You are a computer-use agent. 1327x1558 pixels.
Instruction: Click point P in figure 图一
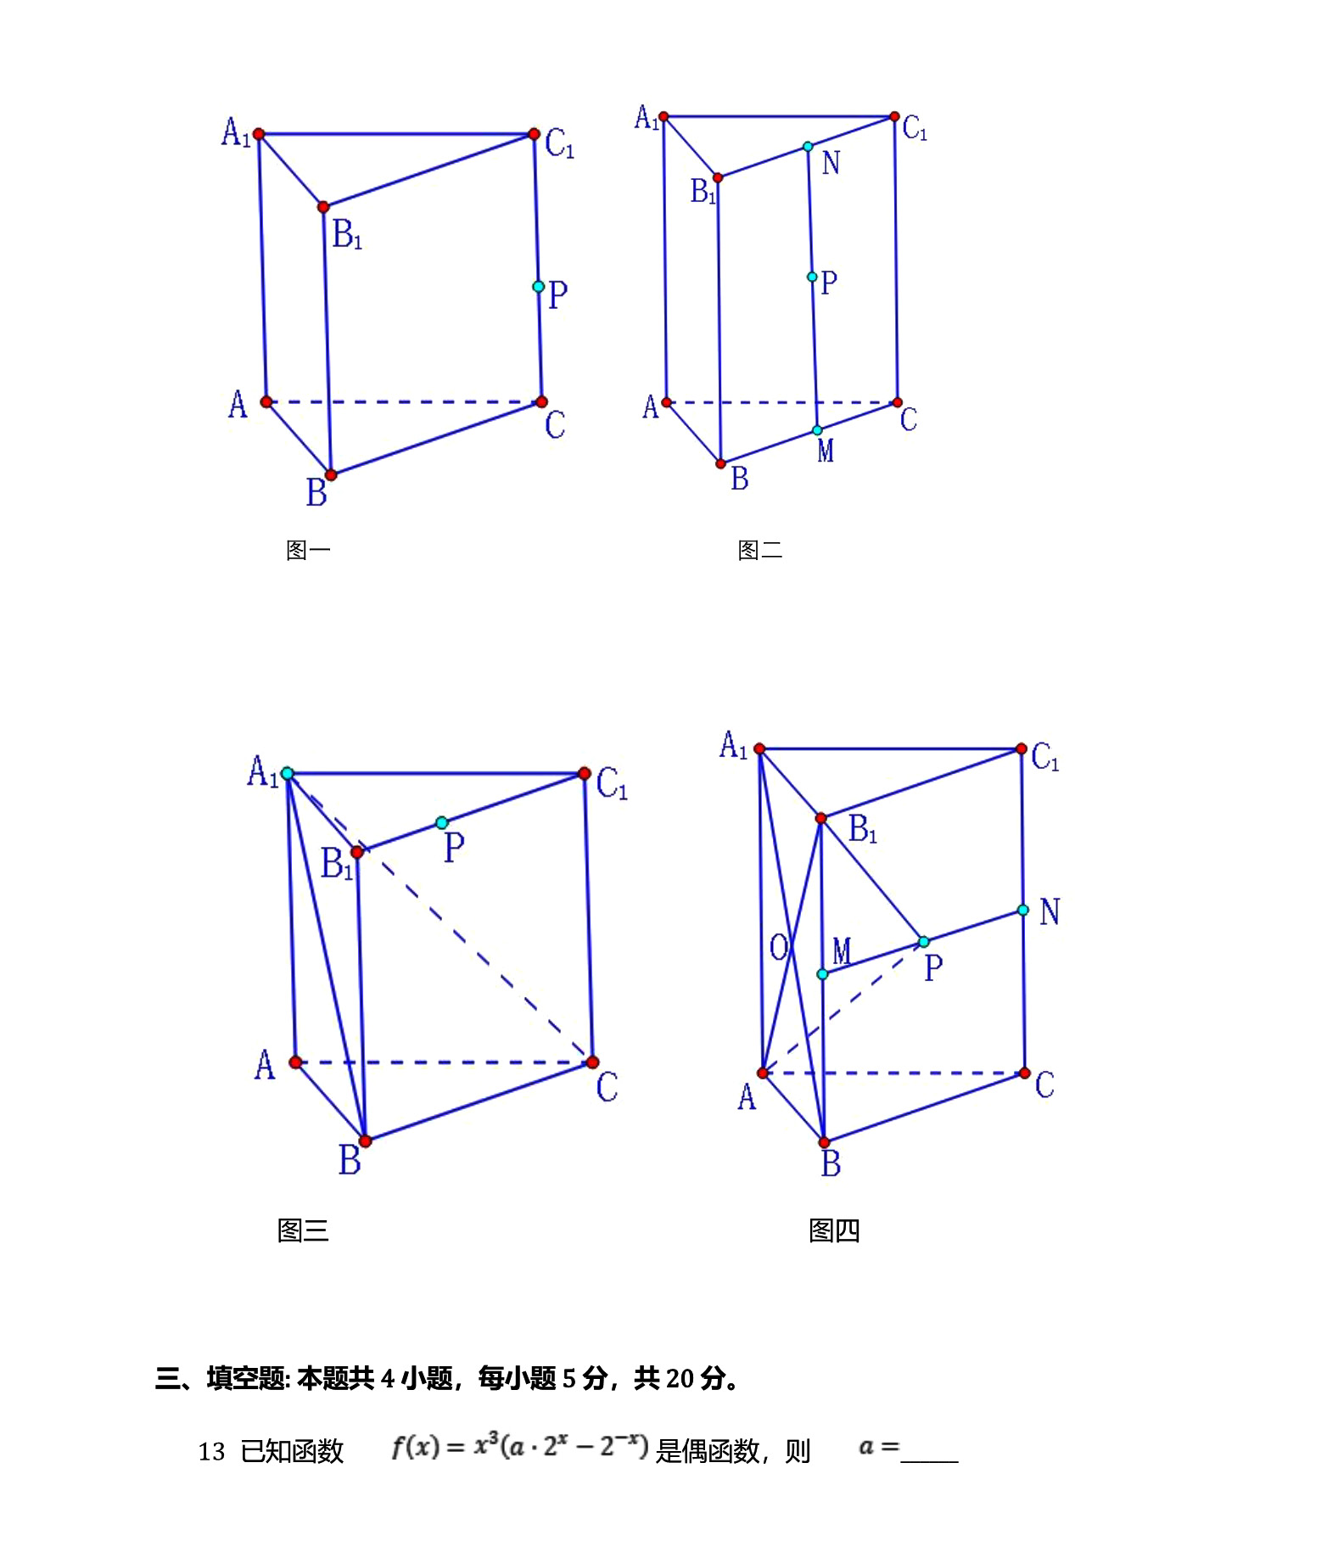538,287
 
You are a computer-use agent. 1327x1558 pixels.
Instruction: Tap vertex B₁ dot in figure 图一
323,207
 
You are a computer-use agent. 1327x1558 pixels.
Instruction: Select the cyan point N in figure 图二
808,147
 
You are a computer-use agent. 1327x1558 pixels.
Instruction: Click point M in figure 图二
817,430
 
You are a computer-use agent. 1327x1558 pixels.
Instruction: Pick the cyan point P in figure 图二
812,277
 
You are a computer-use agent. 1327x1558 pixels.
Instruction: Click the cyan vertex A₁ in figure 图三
288,773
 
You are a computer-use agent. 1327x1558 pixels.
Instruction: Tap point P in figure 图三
441,822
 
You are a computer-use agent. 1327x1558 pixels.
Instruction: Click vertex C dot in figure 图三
592,1062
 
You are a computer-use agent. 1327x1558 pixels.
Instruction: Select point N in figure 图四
1023,910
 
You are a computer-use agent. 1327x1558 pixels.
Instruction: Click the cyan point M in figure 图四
822,974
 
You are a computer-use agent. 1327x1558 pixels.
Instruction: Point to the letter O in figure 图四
778,947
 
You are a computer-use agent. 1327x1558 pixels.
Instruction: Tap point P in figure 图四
924,942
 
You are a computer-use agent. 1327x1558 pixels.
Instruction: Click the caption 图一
308,551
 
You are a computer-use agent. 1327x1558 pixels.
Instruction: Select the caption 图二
759,551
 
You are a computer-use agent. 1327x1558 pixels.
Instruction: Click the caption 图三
303,1230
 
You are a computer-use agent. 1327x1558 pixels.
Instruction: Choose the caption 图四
834,1230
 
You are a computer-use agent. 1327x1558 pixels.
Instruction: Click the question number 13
211,1452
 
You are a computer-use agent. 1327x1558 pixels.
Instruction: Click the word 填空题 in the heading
245,1379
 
